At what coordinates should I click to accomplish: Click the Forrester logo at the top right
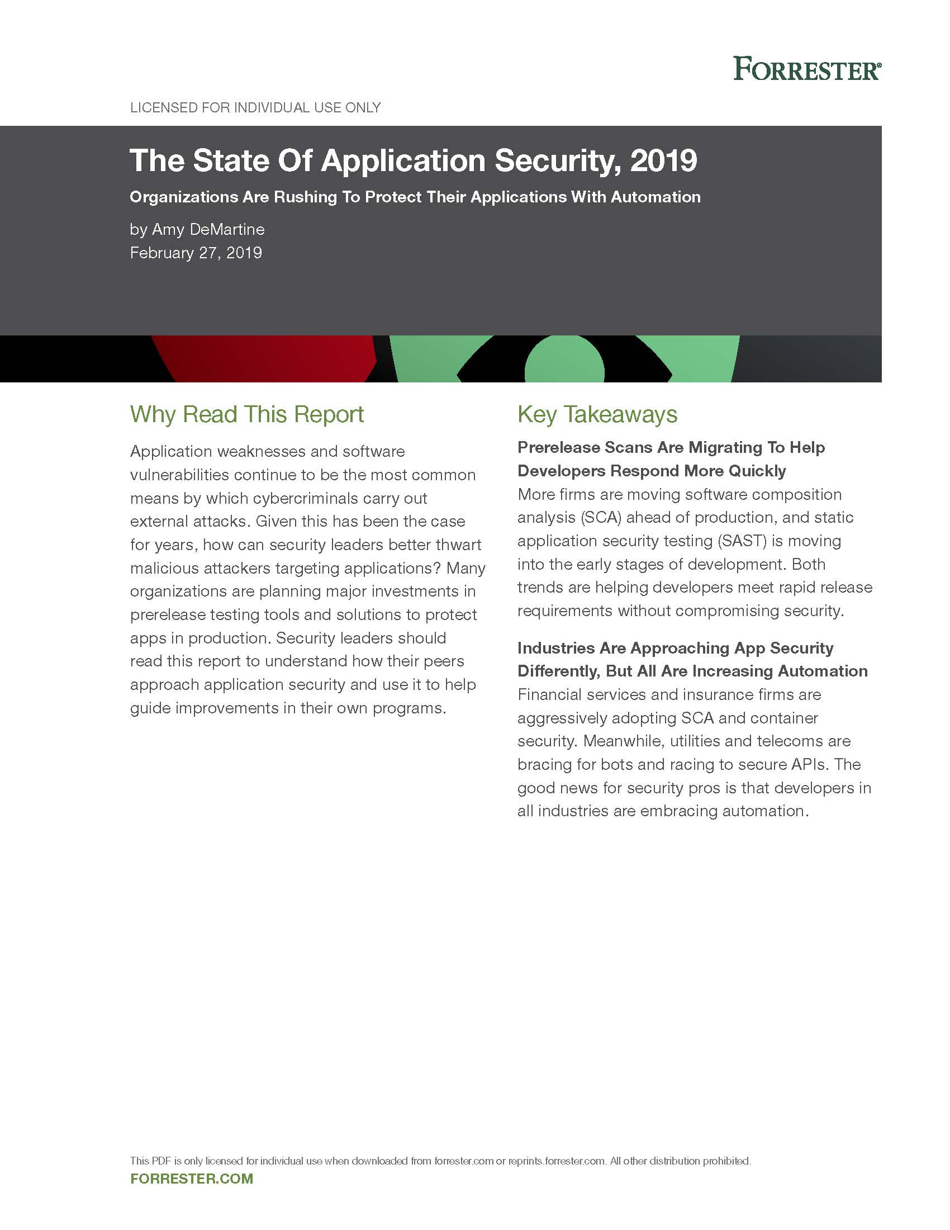tap(806, 69)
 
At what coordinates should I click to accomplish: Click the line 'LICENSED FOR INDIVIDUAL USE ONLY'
tap(255, 107)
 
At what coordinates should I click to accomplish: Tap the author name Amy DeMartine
tap(208, 229)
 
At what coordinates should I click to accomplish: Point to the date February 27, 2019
tap(196, 253)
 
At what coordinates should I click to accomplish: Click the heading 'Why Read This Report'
tap(247, 414)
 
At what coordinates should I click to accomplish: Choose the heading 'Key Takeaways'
tap(597, 414)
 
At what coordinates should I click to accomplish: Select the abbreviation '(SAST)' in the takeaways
tap(741, 541)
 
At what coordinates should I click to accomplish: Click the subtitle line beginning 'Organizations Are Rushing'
tap(415, 197)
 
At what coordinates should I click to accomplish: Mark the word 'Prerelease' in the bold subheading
tap(558, 448)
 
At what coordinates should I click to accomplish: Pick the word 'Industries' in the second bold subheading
tap(555, 648)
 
